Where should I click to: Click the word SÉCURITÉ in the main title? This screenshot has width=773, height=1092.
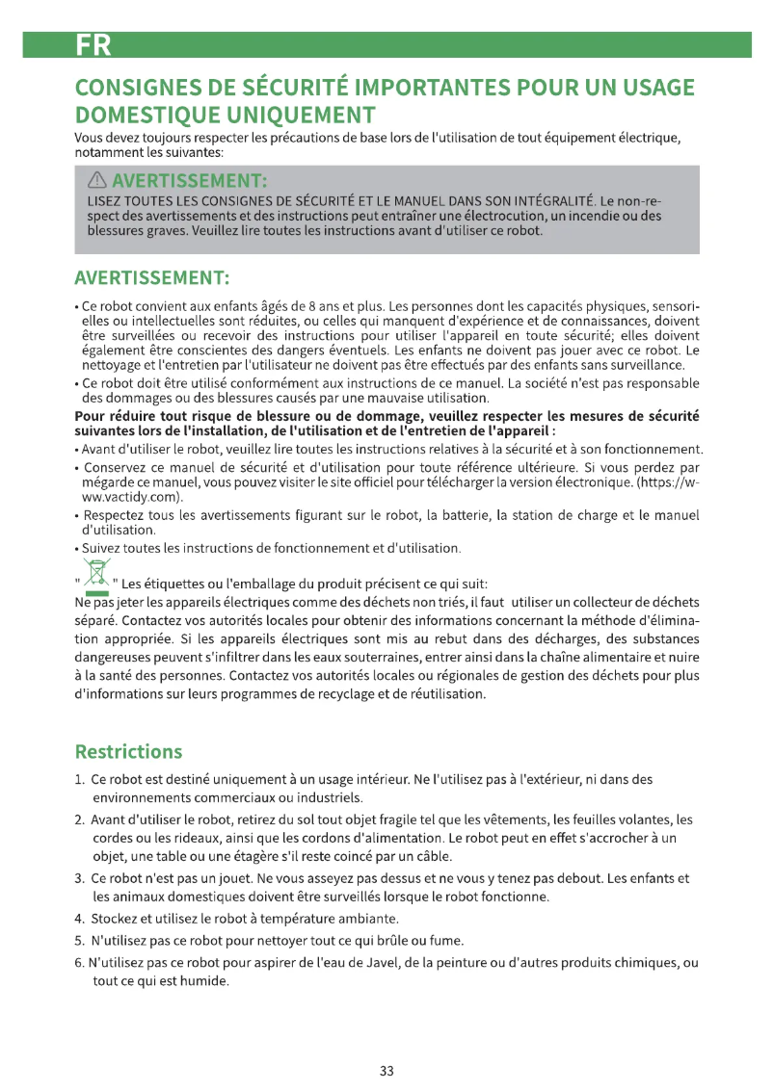tap(295, 88)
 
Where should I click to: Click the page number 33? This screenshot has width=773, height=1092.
tap(386, 1070)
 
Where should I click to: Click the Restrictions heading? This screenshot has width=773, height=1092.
tap(127, 751)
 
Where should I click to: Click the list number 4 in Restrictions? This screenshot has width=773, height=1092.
tap(79, 918)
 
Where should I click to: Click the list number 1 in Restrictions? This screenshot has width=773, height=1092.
tap(79, 778)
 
